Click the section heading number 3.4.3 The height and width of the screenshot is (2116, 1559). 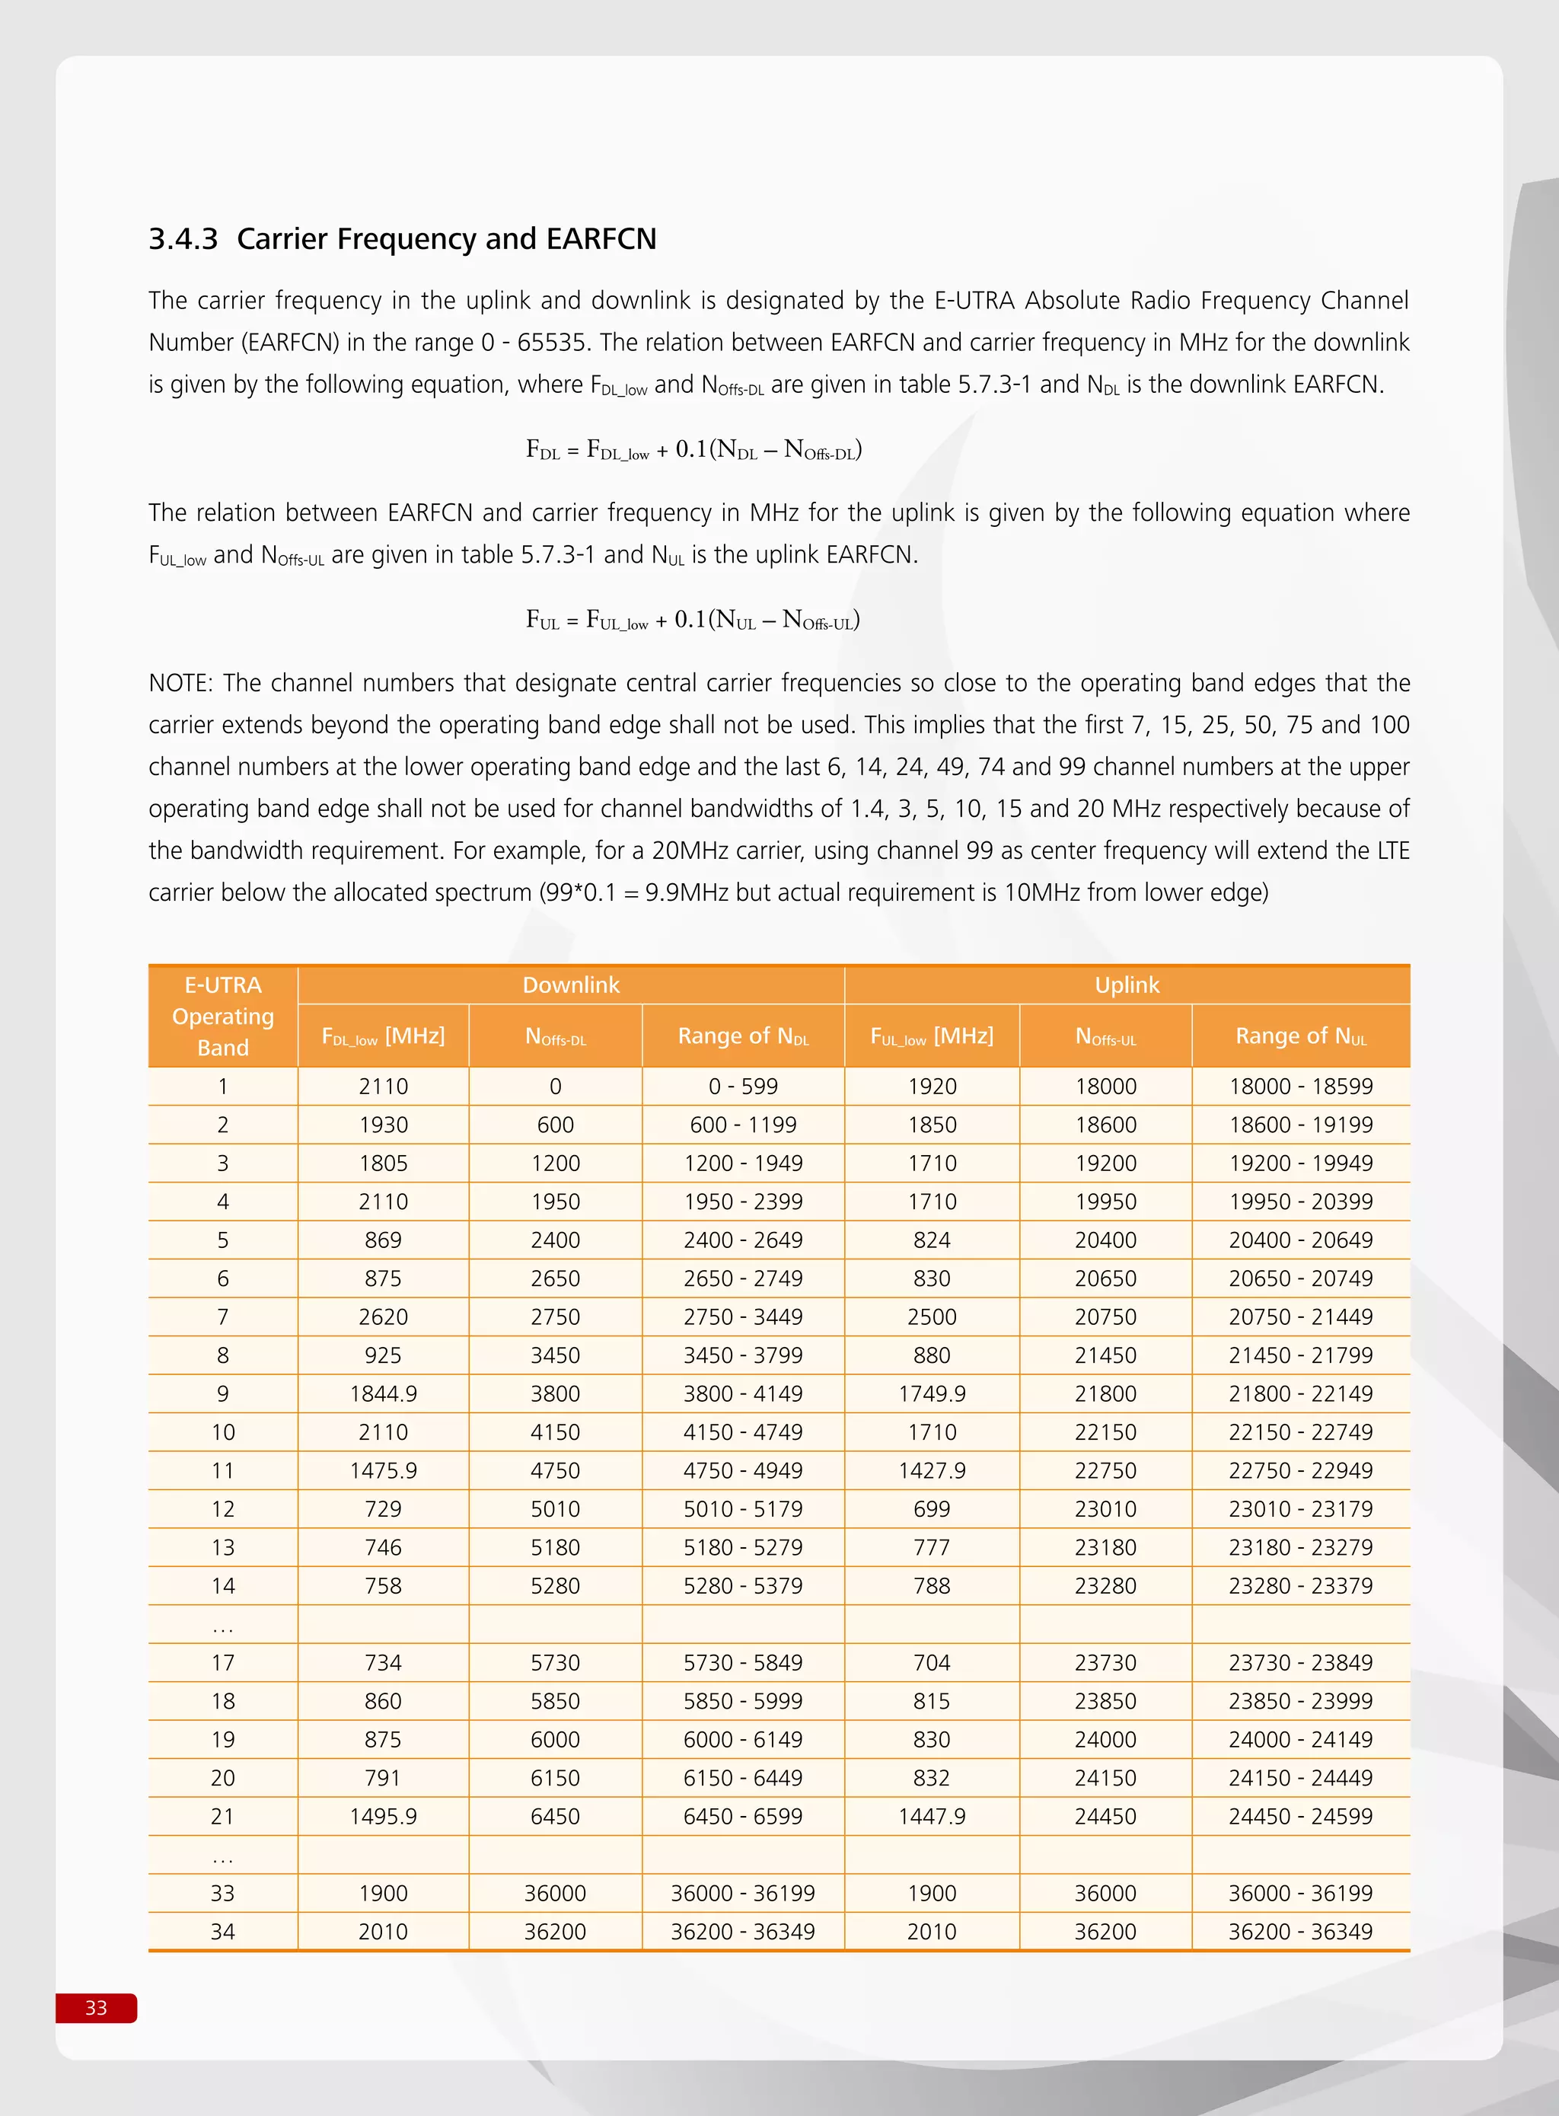(183, 239)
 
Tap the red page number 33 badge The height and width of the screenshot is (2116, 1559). (96, 2007)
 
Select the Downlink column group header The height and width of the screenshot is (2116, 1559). (571, 985)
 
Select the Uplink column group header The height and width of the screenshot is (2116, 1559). (1127, 985)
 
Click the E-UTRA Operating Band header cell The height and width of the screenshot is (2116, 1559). (223, 1017)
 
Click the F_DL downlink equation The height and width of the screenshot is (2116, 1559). (693, 449)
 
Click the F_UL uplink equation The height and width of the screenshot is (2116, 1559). (693, 620)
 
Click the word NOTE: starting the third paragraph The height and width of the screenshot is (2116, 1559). (181, 682)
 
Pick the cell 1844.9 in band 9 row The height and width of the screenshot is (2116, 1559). (383, 1393)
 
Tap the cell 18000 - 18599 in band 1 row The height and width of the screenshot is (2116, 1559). (1300, 1087)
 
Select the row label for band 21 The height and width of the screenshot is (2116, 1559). (223, 1816)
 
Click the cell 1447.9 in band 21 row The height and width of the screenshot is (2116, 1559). (932, 1816)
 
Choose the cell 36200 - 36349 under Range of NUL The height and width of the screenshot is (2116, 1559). (1300, 1931)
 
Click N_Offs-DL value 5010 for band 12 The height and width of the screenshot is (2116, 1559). (555, 1508)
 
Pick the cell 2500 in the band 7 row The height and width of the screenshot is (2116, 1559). (932, 1317)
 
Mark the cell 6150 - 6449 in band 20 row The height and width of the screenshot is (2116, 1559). (743, 1777)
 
